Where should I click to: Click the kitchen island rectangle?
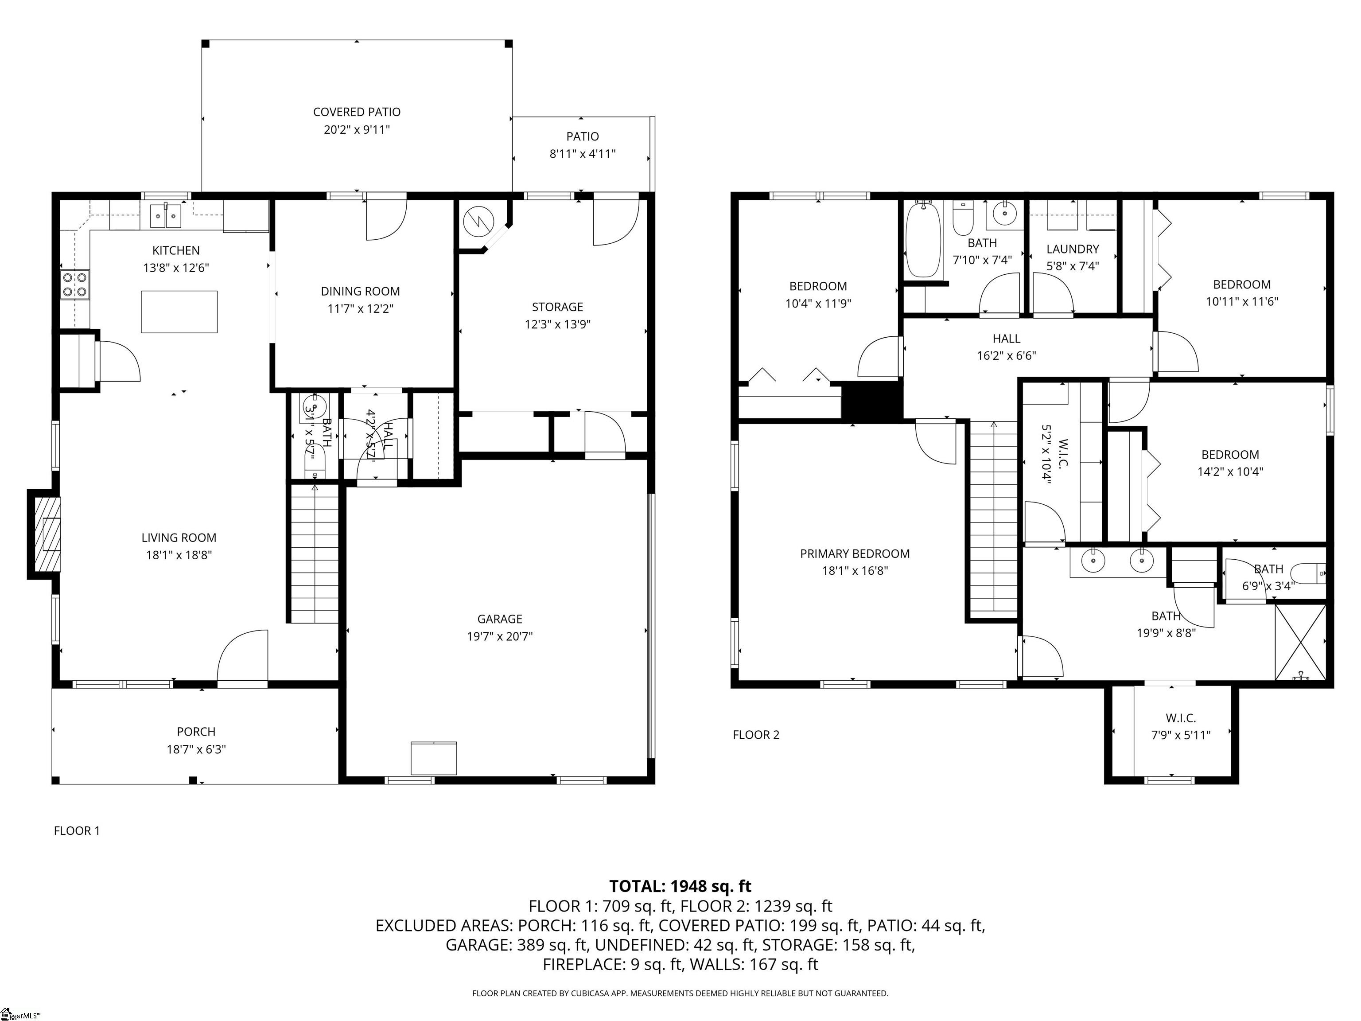pyautogui.click(x=179, y=312)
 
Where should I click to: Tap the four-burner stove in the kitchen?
pyautogui.click(x=75, y=285)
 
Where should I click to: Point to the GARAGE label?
pyautogui.click(x=500, y=619)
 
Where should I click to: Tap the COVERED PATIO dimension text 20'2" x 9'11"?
pyautogui.click(x=357, y=130)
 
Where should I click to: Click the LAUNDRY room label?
pyautogui.click(x=1073, y=249)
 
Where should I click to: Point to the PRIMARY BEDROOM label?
pyautogui.click(x=855, y=554)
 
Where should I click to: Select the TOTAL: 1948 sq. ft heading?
pyautogui.click(x=680, y=886)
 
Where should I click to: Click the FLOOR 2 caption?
pyautogui.click(x=755, y=735)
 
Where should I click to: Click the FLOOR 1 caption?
pyautogui.click(x=77, y=831)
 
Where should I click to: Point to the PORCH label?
pyautogui.click(x=196, y=732)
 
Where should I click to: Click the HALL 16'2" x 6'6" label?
pyautogui.click(x=1006, y=339)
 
